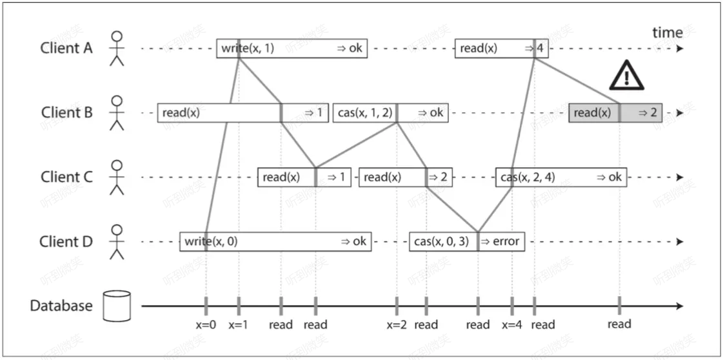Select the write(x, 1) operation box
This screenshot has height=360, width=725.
tap(292, 48)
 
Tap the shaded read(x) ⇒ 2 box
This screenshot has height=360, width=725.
tap(615, 113)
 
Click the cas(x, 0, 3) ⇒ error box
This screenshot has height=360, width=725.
tap(467, 242)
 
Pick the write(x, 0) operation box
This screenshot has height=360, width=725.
tap(276, 242)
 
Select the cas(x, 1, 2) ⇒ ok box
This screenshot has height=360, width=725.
tap(390, 113)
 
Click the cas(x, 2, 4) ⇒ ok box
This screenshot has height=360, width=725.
tap(561, 177)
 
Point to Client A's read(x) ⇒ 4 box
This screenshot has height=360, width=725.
tap(501, 48)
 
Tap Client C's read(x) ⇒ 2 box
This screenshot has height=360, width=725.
tap(405, 177)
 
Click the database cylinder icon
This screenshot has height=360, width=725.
tap(117, 305)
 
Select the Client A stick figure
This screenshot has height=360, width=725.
tap(116, 48)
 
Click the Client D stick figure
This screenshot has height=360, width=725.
tap(116, 241)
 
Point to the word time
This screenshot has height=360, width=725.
tap(667, 32)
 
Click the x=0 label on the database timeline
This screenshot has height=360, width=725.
tap(206, 325)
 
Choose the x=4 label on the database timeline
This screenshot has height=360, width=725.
tap(511, 325)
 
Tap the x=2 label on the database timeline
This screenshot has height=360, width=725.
tap(397, 325)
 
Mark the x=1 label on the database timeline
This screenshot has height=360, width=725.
tap(239, 325)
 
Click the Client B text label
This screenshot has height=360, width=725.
tap(67, 113)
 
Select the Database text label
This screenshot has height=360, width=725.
tap(61, 306)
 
